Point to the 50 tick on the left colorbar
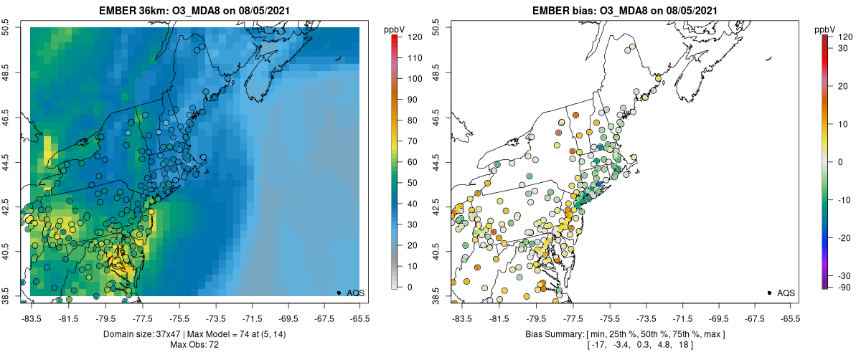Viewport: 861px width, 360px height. tap(408, 183)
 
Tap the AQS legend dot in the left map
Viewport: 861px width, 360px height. tap(339, 293)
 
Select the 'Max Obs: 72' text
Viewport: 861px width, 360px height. tap(194, 346)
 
